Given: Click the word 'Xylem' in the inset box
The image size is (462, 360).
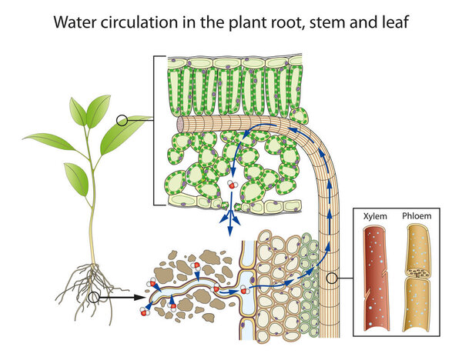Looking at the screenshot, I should pos(375,218).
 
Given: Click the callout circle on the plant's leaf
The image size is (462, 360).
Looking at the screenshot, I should pos(121,120).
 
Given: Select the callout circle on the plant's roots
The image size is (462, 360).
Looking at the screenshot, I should pos(94,297).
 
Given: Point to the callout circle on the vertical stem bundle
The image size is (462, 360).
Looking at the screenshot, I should pos(332,279).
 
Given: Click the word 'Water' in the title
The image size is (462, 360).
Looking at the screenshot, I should pos(75,22).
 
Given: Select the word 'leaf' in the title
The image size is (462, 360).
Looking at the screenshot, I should pos(390,22).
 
